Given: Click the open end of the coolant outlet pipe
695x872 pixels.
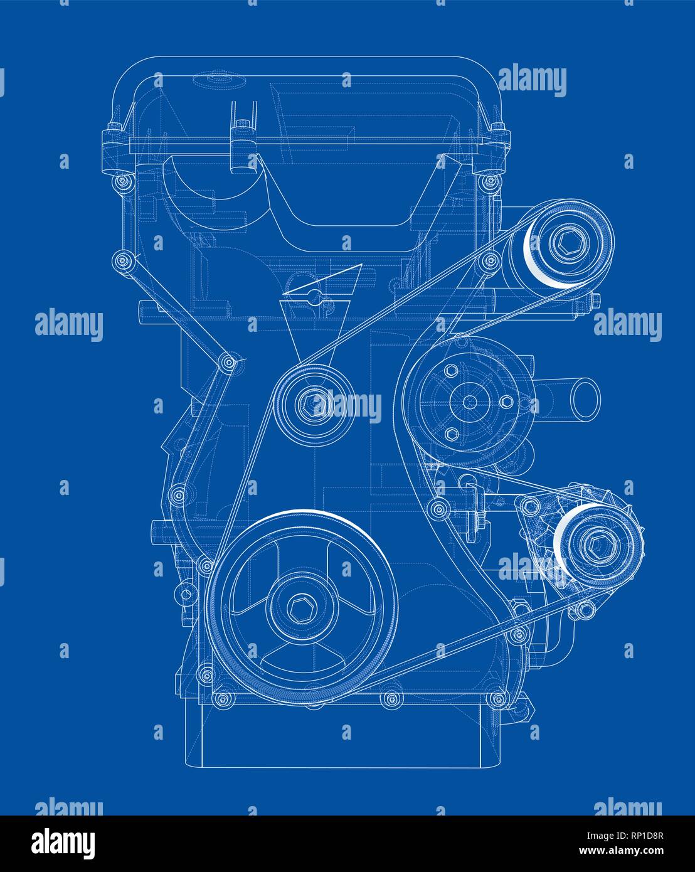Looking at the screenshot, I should click(x=587, y=398).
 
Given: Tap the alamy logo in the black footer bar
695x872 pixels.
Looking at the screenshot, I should click(x=64, y=843).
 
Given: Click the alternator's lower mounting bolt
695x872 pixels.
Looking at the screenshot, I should click(x=583, y=607).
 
